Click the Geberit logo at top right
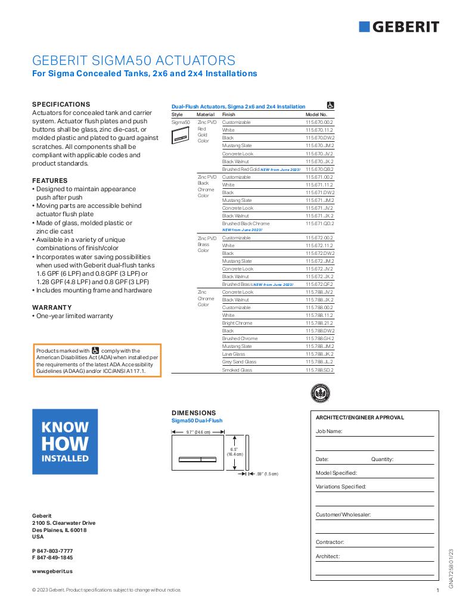tap(399, 27)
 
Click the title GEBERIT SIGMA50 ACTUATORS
tap(133, 61)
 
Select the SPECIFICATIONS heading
tap(61, 104)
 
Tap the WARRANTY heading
tap(52, 307)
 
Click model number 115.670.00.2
tap(319, 122)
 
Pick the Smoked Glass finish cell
tap(237, 370)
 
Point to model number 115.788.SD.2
tap(319, 370)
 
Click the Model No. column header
tap(316, 114)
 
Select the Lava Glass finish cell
tap(234, 354)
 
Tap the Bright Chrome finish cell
tap(237, 323)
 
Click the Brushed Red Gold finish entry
tap(241, 169)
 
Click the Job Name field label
tap(329, 431)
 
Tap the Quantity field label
tap(382, 459)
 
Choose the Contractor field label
tap(330, 542)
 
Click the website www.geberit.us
tap(52, 571)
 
